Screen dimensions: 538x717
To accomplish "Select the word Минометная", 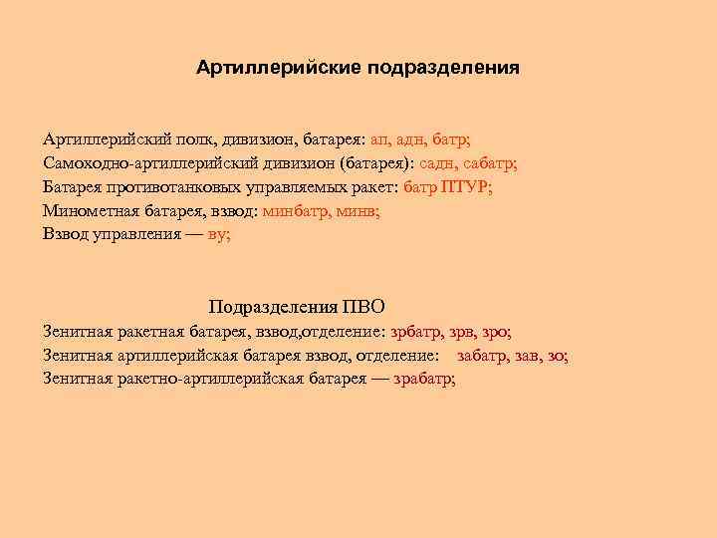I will [x=91, y=210].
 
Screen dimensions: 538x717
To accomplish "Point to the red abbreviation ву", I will [x=217, y=234].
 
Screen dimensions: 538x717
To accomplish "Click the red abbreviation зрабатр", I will [x=424, y=379].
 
